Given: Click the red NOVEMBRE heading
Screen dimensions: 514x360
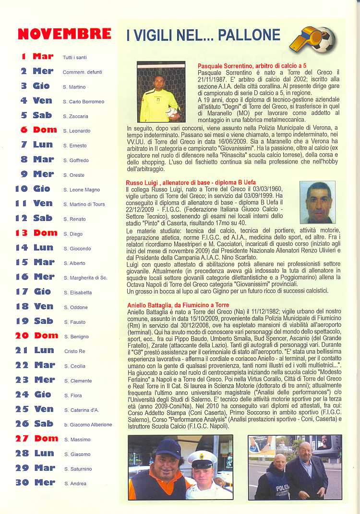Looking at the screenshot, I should (64, 34).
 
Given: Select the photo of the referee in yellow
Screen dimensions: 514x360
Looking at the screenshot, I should (161, 92).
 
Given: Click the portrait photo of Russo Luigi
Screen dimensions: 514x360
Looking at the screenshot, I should (317, 202).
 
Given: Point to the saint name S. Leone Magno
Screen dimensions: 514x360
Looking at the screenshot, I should (82, 190).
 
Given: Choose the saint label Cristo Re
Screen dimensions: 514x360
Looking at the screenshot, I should (74, 352).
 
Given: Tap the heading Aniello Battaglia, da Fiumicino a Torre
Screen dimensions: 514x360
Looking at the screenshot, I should (178, 305).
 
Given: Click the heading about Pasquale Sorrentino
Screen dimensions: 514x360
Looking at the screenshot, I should (252, 65).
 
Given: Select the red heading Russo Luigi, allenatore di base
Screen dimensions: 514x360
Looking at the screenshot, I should (191, 183).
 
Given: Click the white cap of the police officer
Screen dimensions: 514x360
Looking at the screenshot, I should (203, 458).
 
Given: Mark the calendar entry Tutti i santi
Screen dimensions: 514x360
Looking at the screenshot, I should (74, 58).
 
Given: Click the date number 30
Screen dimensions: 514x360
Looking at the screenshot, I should (22, 482).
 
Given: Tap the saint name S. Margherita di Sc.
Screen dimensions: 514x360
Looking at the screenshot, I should (85, 278).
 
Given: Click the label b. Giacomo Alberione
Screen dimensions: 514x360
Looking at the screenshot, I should (88, 425).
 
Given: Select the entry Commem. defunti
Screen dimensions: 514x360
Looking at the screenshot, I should (82, 72).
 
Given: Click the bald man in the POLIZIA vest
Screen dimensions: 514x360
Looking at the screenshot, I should (278, 476).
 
